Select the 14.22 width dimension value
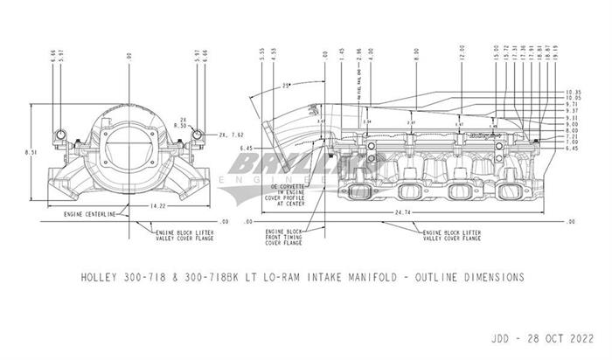pos(133,205)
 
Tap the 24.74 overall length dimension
pos(403,212)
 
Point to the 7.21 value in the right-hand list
pos(572,136)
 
